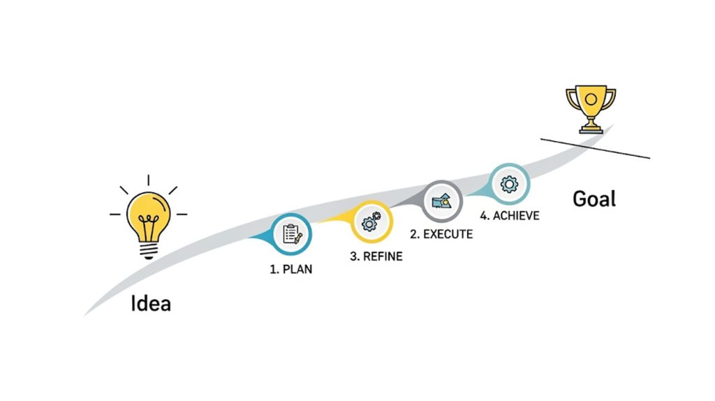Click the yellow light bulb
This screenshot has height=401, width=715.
(x=147, y=213)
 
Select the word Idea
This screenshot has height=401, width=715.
(x=151, y=304)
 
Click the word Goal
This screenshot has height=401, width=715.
(x=594, y=198)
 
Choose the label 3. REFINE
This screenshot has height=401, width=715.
(x=376, y=256)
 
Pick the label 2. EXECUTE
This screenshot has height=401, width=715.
(x=441, y=234)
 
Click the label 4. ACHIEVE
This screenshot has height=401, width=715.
(x=506, y=216)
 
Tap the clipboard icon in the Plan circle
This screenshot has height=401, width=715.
(x=291, y=234)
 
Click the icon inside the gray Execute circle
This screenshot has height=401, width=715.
(x=443, y=200)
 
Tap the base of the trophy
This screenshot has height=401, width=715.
(x=591, y=129)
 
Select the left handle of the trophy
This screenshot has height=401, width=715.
(x=571, y=101)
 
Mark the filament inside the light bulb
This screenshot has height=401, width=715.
(x=147, y=225)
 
